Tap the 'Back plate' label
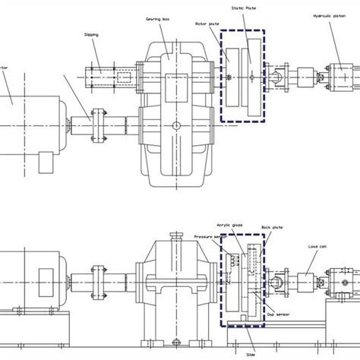point(270,227)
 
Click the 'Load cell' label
point(317,247)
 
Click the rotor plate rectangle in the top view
point(234,77)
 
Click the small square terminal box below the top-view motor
point(44,161)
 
